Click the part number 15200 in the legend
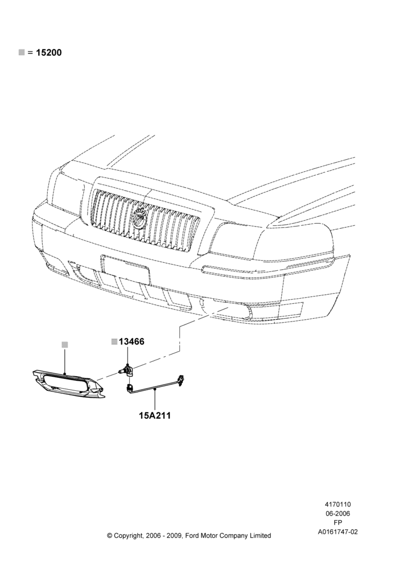49,52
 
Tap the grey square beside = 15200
22,52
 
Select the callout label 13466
131,341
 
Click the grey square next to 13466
114,341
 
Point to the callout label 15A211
155,415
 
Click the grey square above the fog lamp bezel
65,344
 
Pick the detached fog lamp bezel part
68,385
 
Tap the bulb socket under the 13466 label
128,370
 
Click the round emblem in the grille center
141,219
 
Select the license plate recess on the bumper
126,269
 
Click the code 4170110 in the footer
338,504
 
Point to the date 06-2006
338,513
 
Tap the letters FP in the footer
338,522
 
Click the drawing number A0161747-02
338,532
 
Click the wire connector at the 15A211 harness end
180,378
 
